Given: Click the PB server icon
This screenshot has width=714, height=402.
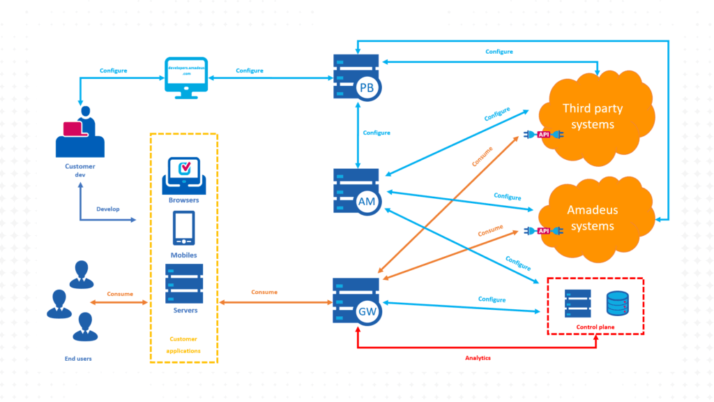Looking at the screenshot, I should (x=358, y=77).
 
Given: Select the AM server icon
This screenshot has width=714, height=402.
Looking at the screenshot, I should (x=358, y=191).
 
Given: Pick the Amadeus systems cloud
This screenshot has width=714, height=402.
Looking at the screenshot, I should (x=593, y=218).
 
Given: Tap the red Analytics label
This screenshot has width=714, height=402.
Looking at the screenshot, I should (x=478, y=358).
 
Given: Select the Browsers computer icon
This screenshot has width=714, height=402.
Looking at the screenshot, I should (x=184, y=176).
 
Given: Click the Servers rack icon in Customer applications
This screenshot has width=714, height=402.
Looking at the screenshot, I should (x=184, y=283).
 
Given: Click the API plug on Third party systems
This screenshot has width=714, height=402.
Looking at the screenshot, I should (x=545, y=134).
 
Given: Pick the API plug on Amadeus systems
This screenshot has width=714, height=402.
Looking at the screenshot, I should (x=545, y=231).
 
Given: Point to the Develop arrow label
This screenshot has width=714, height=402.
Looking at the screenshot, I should (x=108, y=209).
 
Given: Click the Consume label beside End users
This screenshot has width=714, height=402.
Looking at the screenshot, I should (x=120, y=294).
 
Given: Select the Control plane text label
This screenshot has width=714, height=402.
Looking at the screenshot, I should (x=595, y=327).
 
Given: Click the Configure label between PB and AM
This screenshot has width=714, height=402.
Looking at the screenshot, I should (x=377, y=133).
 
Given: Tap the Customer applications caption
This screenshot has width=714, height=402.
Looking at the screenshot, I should (x=184, y=345).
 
